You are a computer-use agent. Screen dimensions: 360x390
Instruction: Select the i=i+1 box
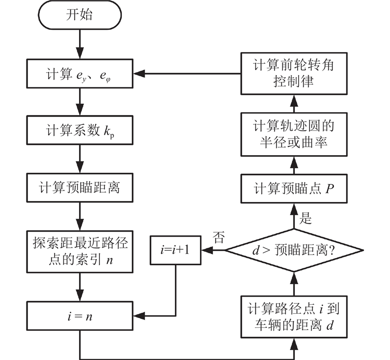tap(176, 250)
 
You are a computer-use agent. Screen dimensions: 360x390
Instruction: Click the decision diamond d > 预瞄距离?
tap(293, 250)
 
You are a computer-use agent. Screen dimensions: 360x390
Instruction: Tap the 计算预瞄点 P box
tap(293, 189)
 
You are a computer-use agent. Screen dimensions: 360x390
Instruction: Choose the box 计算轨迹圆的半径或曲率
tap(293, 133)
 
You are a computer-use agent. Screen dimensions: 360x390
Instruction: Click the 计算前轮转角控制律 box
tap(293, 74)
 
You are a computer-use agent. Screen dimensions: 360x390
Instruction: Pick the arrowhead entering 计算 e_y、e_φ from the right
tap(138, 74)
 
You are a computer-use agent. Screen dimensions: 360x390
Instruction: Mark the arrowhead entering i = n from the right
tap(138, 315)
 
